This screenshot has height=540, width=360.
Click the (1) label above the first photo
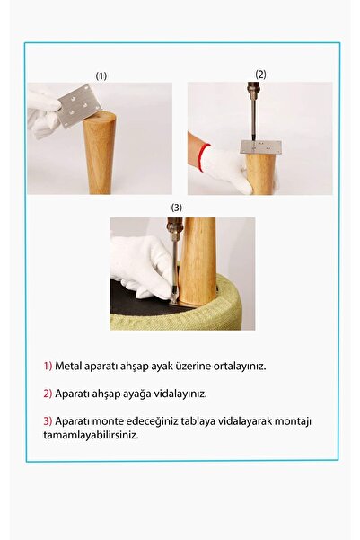point(101,76)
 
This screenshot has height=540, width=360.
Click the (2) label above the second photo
point(260,74)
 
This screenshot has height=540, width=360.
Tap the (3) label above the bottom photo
point(177,208)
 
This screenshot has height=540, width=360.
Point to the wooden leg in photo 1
point(100,153)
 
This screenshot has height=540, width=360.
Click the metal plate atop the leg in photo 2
point(259,146)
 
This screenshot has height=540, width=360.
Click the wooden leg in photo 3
point(199,261)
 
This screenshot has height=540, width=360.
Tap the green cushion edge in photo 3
point(233,316)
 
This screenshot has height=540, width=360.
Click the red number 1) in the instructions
point(48,367)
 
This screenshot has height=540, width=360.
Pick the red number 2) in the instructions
point(48,394)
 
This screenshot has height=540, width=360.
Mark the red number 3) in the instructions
point(48,421)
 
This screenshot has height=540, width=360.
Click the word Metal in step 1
point(67,367)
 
